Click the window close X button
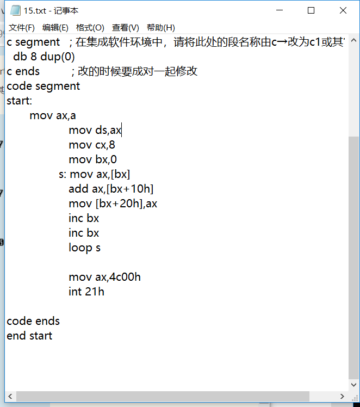tap(343, 10)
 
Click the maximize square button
tap(311, 10)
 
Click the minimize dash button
tap(280, 10)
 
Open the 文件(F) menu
tap(22, 28)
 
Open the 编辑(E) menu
tap(55, 28)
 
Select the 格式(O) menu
tap(90, 28)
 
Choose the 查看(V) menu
tap(125, 28)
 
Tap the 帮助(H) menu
tap(161, 28)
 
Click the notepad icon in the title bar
tap(15, 10)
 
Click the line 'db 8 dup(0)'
tap(44, 57)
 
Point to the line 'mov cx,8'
tap(92, 145)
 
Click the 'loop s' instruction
tap(84, 248)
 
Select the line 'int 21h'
tap(86, 292)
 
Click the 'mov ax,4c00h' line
tap(105, 277)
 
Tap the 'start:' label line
tap(20, 101)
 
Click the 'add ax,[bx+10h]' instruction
tap(111, 189)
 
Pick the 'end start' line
tap(29, 336)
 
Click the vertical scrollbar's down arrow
tap(353, 385)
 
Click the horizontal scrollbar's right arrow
tap(342, 396)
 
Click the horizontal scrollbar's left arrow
tap(10, 396)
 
